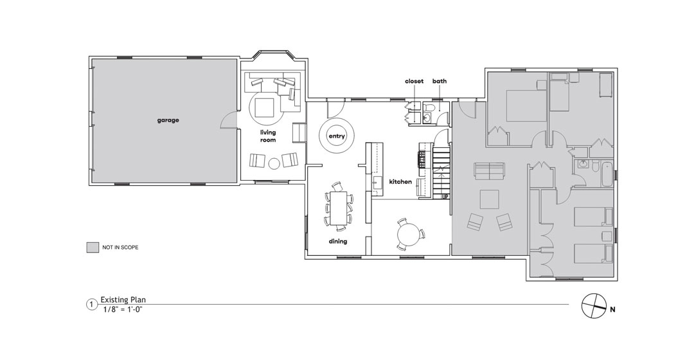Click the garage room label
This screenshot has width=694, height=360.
click(168, 120)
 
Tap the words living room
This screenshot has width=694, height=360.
click(268, 136)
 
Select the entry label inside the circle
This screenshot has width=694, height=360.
click(336, 136)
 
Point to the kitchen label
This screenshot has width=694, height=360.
click(400, 181)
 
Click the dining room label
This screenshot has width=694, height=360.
click(338, 241)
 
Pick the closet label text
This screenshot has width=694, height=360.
click(414, 81)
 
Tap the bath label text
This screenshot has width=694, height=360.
click(440, 81)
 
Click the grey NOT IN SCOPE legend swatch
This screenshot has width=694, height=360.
click(93, 248)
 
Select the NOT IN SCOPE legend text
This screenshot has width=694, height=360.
click(120, 248)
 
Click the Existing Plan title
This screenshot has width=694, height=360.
click(123, 300)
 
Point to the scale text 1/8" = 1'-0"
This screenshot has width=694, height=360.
click(123, 309)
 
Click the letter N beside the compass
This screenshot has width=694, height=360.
click(612, 310)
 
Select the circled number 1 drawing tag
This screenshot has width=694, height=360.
click(91, 305)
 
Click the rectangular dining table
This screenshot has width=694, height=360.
click(339, 208)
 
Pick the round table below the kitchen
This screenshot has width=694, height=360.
click(407, 233)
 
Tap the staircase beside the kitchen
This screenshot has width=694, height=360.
click(441, 174)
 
